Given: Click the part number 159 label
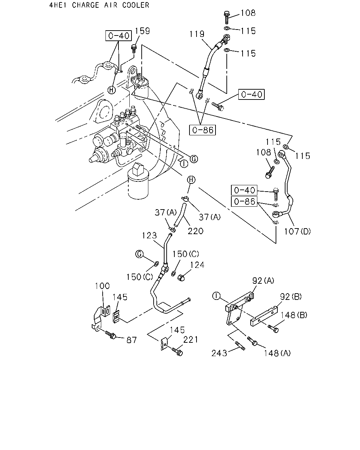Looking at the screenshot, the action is click(x=142, y=31).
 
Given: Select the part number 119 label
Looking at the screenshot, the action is click(x=197, y=34).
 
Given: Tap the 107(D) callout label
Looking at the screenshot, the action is click(x=297, y=231).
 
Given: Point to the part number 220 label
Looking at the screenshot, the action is click(x=195, y=231).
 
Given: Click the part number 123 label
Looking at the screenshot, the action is click(x=149, y=236).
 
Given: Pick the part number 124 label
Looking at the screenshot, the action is click(x=197, y=265).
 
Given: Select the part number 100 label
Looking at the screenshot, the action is click(x=102, y=286).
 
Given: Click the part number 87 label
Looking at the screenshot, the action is click(x=131, y=340).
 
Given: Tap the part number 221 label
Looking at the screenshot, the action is click(x=191, y=340).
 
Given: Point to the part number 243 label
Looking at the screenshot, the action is click(x=219, y=353).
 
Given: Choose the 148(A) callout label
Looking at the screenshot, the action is click(x=277, y=353).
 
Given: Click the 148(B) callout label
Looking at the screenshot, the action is click(x=294, y=315).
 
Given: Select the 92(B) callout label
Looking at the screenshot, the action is click(x=291, y=296).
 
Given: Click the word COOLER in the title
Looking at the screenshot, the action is click(x=136, y=5).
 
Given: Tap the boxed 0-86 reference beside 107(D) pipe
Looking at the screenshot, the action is click(x=244, y=201).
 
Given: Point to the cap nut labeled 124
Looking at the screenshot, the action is click(x=181, y=278).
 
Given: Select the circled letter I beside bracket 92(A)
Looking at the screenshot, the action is click(x=216, y=296).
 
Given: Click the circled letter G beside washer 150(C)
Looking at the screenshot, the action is click(x=140, y=254).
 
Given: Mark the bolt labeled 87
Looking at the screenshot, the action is click(x=110, y=335).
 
